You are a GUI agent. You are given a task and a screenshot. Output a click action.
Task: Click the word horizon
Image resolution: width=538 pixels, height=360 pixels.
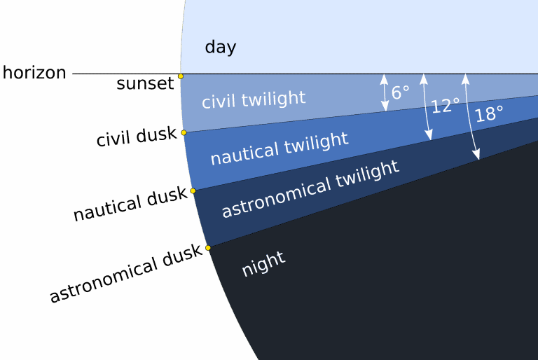[34, 73]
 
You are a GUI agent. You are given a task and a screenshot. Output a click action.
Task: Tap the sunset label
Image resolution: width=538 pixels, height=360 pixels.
[145, 83]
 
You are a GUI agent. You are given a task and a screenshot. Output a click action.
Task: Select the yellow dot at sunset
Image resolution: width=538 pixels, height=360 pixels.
[181, 76]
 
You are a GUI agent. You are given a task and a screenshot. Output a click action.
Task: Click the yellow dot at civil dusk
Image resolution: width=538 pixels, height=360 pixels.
[184, 133]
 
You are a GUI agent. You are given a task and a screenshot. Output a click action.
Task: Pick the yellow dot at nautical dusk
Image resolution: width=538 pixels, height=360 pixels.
[193, 191]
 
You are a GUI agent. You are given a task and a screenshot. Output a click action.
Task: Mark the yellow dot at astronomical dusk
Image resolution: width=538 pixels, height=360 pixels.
[208, 248]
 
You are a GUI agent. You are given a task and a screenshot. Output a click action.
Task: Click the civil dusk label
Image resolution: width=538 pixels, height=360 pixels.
[137, 137]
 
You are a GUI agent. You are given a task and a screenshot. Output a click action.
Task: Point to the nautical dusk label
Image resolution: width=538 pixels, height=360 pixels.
[130, 204]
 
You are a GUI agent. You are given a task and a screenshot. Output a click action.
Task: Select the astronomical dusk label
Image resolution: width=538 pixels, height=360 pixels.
[126, 273]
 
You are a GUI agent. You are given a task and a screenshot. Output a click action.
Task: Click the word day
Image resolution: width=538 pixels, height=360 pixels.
[221, 48]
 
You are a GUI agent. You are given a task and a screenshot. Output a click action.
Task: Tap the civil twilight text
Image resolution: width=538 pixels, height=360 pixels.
[254, 99]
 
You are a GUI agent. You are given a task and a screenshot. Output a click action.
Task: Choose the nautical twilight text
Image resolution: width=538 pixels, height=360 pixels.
[280, 149]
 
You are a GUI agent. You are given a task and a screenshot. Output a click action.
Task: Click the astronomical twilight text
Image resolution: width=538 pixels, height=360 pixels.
[310, 189]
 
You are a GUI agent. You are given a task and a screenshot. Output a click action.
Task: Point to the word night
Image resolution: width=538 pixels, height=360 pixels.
[263, 263]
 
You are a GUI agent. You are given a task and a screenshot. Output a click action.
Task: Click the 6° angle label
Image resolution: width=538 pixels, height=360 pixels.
[401, 92]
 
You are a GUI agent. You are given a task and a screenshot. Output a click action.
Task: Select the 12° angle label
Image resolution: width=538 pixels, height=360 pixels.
[446, 106]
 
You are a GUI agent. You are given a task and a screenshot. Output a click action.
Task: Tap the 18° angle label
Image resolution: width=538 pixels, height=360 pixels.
[489, 113]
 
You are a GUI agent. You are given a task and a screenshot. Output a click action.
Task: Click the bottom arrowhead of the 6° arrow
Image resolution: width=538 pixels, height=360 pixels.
[385, 106]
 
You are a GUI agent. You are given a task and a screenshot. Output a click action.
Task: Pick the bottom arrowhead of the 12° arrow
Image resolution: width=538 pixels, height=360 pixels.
[429, 135]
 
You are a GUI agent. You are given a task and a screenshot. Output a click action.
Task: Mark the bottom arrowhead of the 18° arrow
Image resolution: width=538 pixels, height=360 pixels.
[476, 154]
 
